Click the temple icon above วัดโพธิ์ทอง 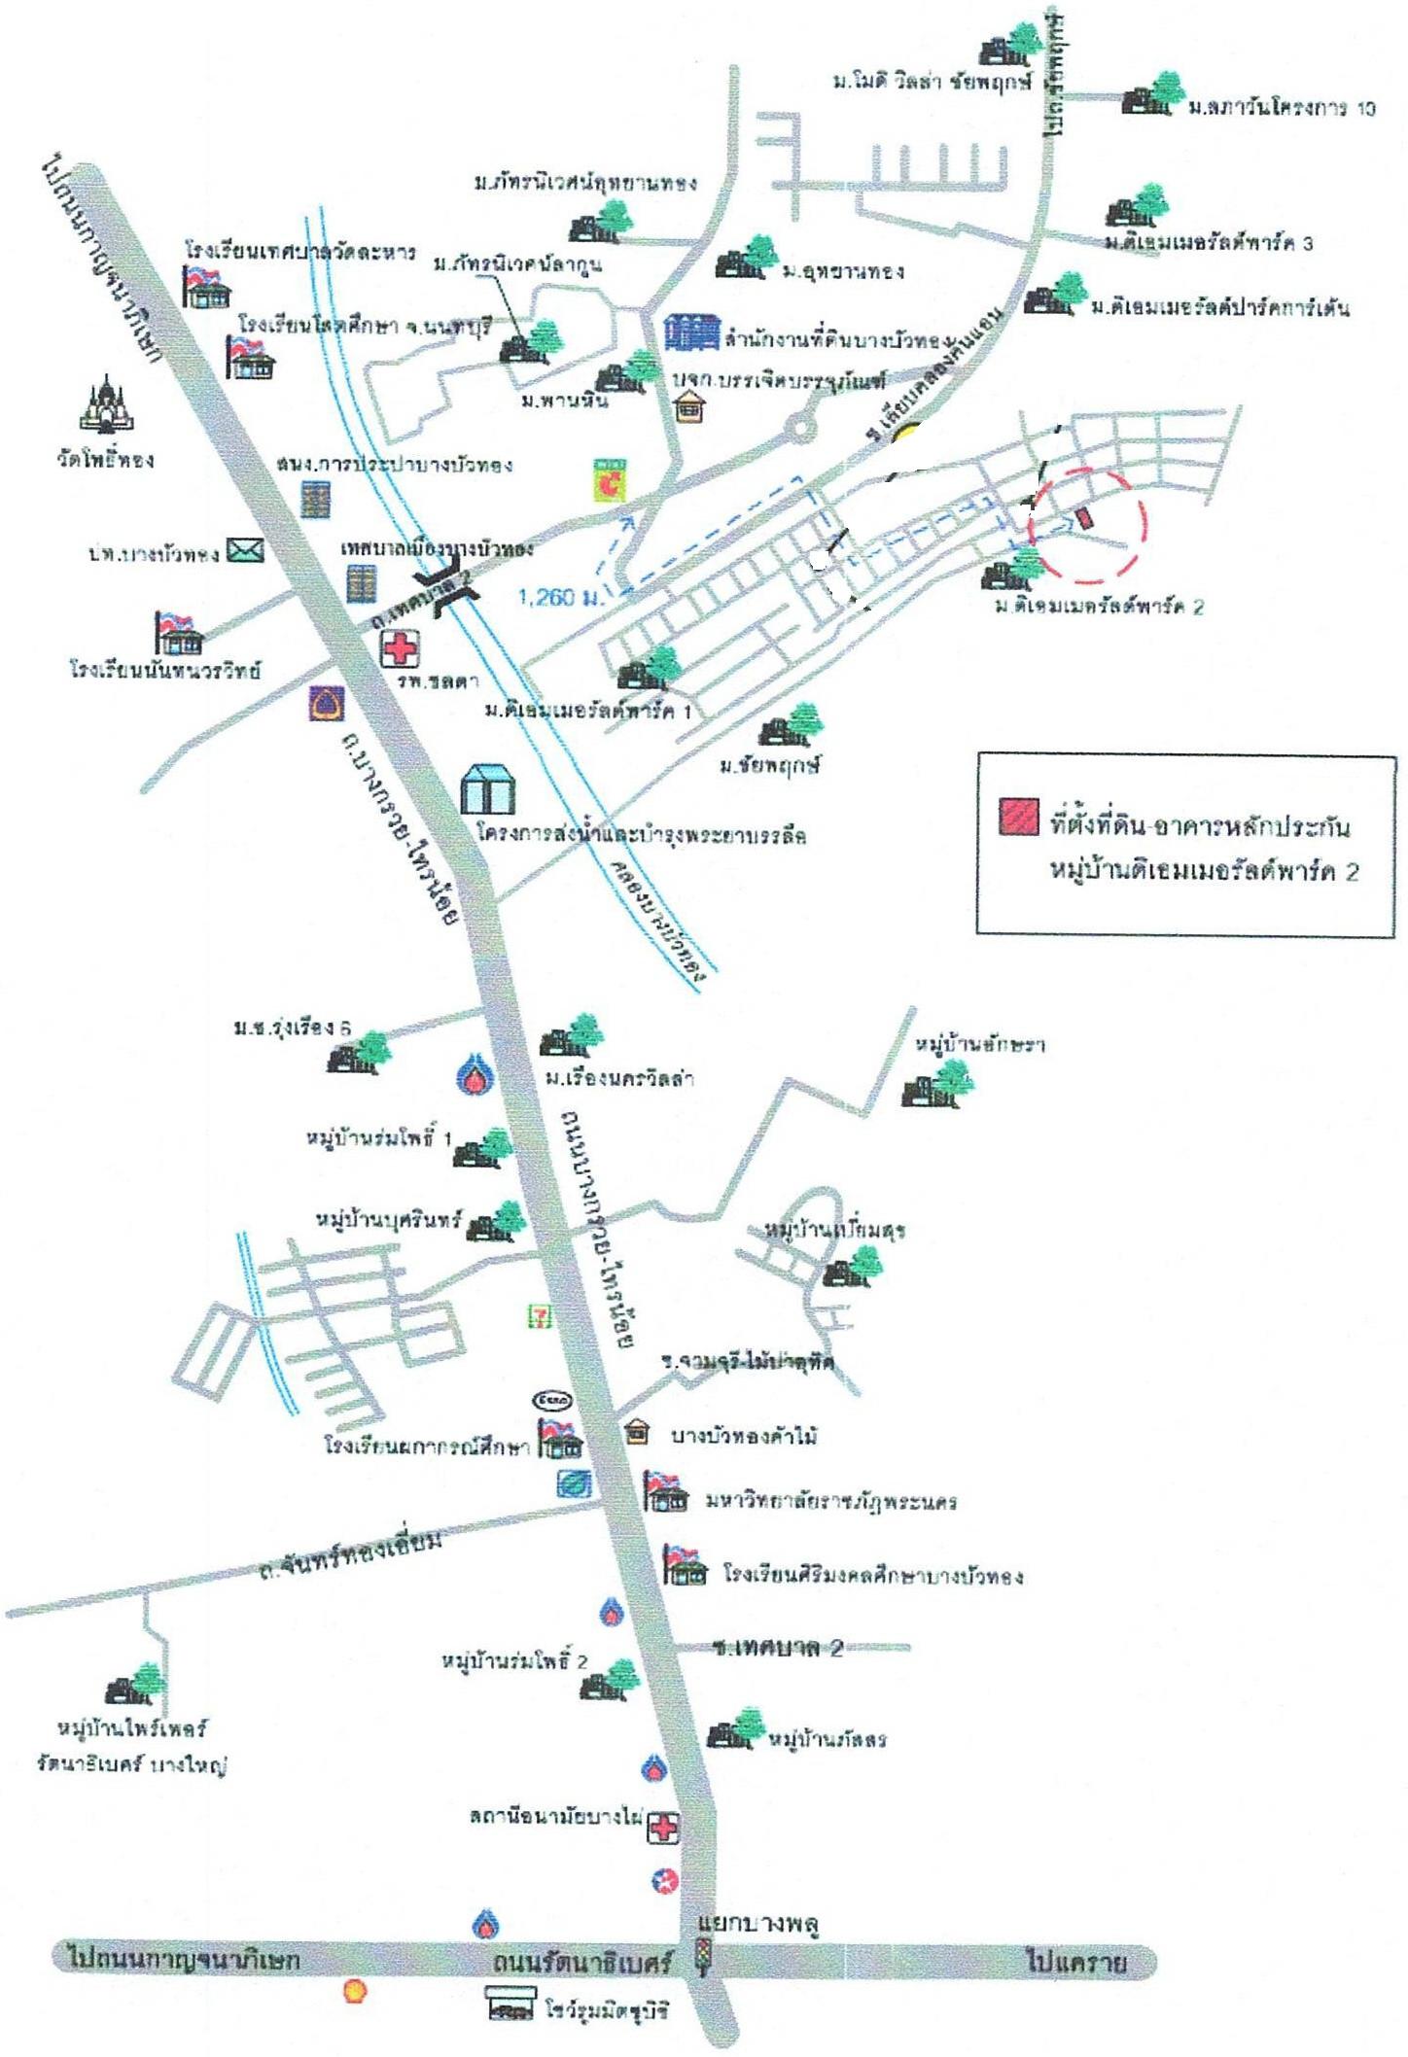tap(106, 405)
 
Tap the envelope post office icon tap(245, 551)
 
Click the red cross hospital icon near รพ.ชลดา tap(400, 648)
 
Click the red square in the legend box tap(1018, 816)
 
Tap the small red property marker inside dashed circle tap(1085, 519)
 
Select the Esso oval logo tap(552, 1401)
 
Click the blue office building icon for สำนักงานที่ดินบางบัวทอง tap(692, 332)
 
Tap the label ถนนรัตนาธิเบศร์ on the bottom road tap(581, 1962)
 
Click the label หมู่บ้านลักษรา tap(979, 1044)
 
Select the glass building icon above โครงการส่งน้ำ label tap(488, 788)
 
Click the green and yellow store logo tap(610, 480)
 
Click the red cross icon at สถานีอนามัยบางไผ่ tap(663, 1828)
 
